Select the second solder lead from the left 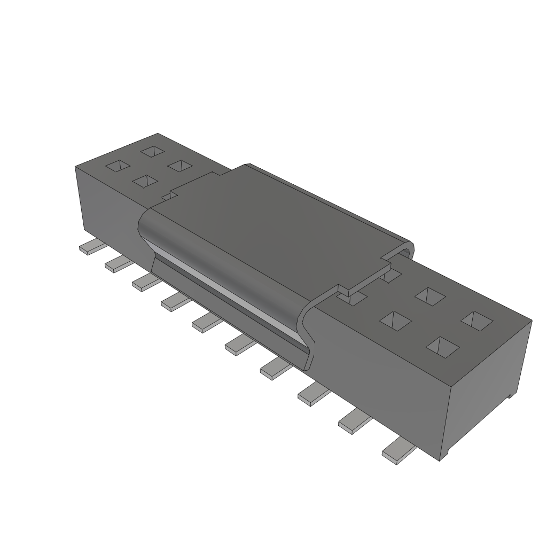tap(118, 263)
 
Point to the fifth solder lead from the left tap(206, 322)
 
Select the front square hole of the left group tap(144, 182)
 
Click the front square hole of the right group tap(443, 346)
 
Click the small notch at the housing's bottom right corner tap(511, 396)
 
